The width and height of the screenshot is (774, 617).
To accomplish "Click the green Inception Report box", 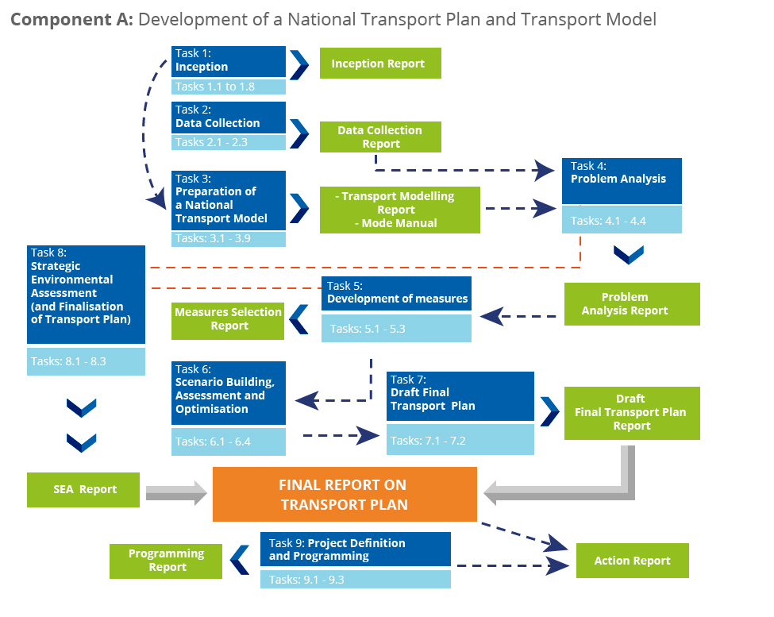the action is [380, 64].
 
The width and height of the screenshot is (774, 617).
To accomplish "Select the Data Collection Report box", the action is [380, 137].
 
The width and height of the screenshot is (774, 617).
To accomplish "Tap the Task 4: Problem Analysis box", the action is [622, 181].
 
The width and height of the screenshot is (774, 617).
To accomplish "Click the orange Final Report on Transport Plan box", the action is [345, 494].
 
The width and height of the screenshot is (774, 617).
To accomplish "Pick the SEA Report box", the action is [83, 490].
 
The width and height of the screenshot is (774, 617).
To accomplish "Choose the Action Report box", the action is [633, 561].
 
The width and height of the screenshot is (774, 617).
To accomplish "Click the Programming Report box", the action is [166, 561].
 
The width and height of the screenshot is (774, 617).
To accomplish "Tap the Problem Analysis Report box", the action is [632, 304].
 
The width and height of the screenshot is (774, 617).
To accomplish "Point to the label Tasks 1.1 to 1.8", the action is [214, 87].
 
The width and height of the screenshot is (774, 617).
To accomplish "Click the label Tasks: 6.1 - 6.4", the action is [213, 442].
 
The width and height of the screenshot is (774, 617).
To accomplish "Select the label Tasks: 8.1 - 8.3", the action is [68, 361].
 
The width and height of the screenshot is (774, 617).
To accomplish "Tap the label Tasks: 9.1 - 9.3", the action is [306, 580].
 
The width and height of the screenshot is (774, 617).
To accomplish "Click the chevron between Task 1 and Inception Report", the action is [299, 64].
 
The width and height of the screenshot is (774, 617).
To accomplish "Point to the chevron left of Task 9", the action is [240, 560].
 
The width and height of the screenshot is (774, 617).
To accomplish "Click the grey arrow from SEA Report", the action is [176, 492].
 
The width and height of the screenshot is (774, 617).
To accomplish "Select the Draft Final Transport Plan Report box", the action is [632, 413].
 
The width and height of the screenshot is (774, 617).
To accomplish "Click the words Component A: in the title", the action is [71, 20].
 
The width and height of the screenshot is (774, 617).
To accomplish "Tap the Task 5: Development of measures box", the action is [396, 294].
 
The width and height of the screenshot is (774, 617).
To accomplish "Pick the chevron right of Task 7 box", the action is [550, 411].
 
